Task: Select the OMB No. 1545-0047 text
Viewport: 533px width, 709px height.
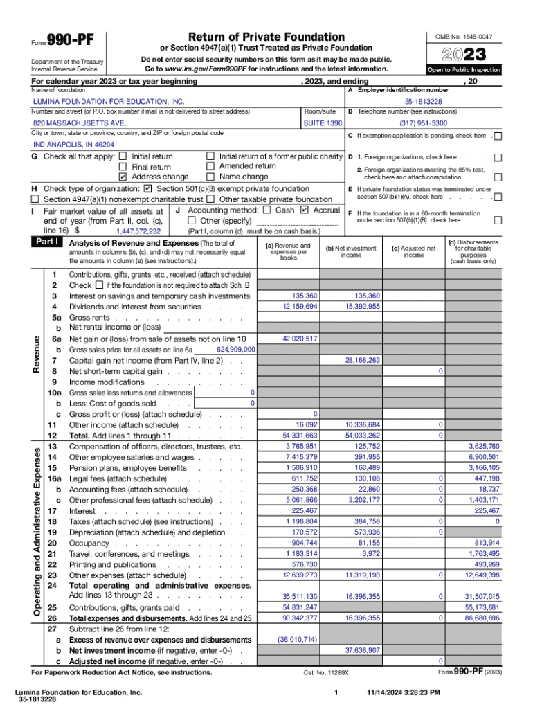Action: (464, 35)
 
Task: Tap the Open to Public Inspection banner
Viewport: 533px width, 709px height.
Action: (464, 71)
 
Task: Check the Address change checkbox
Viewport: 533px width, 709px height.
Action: (123, 177)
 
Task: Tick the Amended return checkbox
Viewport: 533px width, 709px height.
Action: (210, 166)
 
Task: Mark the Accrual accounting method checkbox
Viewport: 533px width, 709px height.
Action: (305, 210)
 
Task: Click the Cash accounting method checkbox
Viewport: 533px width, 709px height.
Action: (266, 210)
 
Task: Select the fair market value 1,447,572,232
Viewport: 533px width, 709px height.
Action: (138, 231)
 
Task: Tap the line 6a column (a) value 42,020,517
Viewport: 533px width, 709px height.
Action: (300, 339)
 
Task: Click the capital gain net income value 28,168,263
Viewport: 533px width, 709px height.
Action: (362, 360)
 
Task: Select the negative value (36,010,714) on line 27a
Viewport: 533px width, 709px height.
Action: (297, 639)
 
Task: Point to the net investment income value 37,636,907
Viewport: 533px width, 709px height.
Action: (362, 650)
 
